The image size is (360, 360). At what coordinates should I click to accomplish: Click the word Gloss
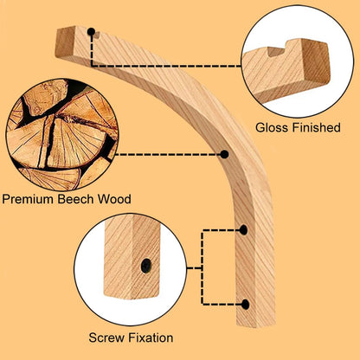pyautogui.click(x=273, y=127)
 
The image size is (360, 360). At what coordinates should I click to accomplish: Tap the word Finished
pyautogui.click(x=317, y=127)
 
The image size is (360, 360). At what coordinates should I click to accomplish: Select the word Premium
pyautogui.click(x=29, y=199)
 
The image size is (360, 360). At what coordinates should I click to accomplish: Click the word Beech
pyautogui.click(x=75, y=199)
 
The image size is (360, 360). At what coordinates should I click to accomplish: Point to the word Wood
pyautogui.click(x=114, y=199)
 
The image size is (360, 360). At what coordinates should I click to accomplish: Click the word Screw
pyautogui.click(x=106, y=337)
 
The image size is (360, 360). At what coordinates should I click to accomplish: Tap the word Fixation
pyautogui.click(x=151, y=337)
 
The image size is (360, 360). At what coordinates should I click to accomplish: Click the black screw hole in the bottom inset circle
pyautogui.click(x=146, y=266)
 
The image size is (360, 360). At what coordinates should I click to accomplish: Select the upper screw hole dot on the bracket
pyautogui.click(x=244, y=230)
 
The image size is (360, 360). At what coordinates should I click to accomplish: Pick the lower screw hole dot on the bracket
pyautogui.click(x=246, y=305)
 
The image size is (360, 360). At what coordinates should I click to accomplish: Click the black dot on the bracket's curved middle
pyautogui.click(x=224, y=154)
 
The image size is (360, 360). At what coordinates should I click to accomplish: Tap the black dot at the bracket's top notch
pyautogui.click(x=91, y=31)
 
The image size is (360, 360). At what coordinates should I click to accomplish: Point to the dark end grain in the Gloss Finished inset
pyautogui.click(x=316, y=62)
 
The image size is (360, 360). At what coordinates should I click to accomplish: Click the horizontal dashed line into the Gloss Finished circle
pyautogui.click(x=166, y=66)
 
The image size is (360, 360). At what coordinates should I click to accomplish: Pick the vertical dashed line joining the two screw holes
pyautogui.click(x=202, y=267)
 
